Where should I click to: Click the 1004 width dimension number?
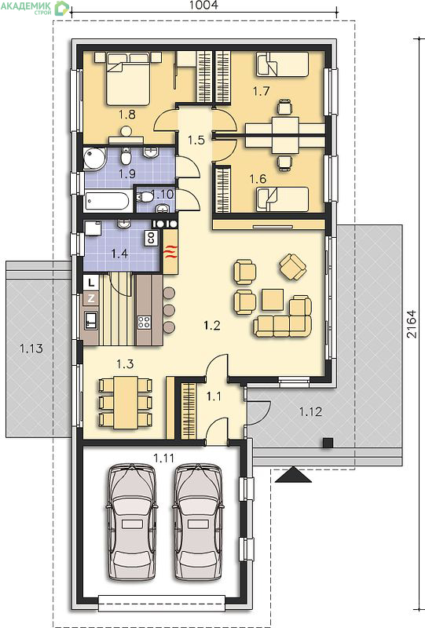(203, 5)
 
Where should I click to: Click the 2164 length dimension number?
(412, 323)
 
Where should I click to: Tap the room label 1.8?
(126, 115)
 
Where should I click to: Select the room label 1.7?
(261, 91)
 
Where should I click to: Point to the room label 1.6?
(258, 179)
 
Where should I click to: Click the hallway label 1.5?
(196, 141)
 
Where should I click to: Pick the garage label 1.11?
(164, 458)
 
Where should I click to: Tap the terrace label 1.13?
(31, 348)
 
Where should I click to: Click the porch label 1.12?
(311, 411)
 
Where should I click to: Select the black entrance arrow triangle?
(294, 475)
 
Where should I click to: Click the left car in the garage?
(131, 522)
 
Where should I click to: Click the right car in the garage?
(198, 522)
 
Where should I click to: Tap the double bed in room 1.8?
(128, 79)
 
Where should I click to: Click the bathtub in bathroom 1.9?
(108, 203)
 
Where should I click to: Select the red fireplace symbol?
(170, 251)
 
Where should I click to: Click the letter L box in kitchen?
(91, 283)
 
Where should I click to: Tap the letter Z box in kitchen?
(91, 298)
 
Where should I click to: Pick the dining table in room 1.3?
(126, 402)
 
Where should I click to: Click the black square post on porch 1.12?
(328, 443)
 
